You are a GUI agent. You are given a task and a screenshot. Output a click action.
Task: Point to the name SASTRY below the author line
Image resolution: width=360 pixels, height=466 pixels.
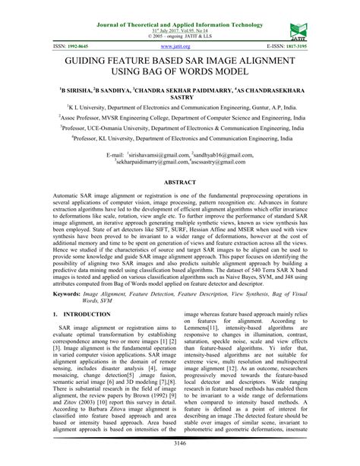(180, 98)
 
